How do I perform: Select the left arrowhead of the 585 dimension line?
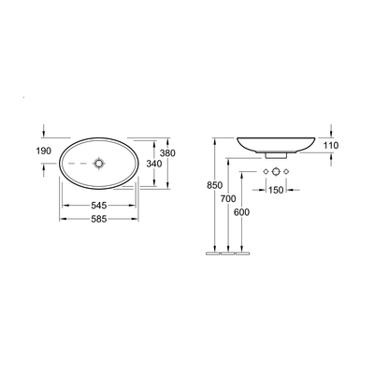pyautogui.click(x=64, y=219)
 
